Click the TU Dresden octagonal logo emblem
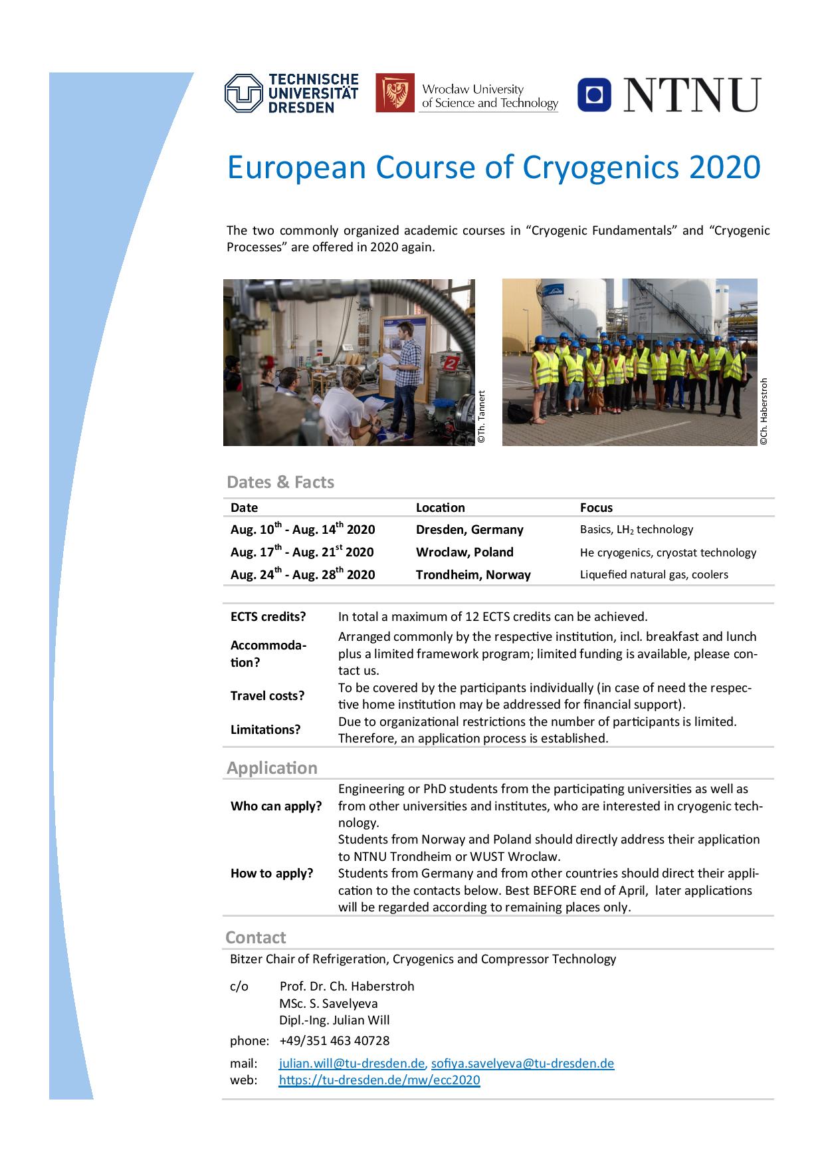click(244, 93)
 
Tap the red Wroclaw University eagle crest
click(395, 93)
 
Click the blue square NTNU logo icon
click(594, 94)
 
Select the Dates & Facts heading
click(280, 482)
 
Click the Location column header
click(440, 508)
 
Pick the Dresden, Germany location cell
click(469, 530)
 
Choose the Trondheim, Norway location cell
click(473, 575)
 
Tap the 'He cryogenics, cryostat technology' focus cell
click(668, 552)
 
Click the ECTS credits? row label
click(268, 617)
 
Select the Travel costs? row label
click(267, 696)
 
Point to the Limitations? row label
click(265, 730)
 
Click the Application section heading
click(272, 768)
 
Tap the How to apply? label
click(271, 874)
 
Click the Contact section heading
click(255, 937)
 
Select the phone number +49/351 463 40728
click(334, 1040)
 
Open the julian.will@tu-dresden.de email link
click(351, 1063)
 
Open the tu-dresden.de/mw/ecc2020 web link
click(379, 1080)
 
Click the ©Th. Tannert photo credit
click(482, 417)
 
